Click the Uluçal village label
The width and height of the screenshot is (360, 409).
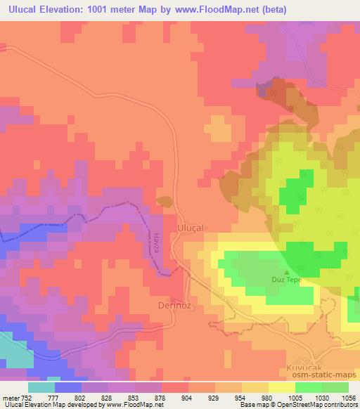point(194,228)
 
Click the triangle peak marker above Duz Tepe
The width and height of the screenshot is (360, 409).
point(286,272)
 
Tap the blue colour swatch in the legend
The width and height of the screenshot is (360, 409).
point(67,387)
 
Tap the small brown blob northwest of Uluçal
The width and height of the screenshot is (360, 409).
point(164,202)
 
